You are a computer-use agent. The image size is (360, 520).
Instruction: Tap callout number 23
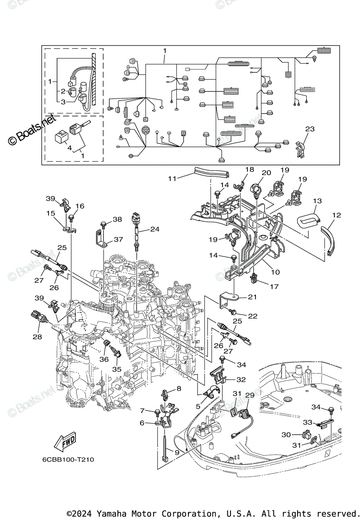click(309, 129)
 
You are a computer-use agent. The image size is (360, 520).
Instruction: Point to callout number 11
click(173, 178)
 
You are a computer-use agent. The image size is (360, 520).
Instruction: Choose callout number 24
click(155, 229)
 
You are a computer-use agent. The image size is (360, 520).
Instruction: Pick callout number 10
click(275, 272)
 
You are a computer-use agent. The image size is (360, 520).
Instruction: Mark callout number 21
click(252, 297)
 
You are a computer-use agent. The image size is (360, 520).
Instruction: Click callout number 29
click(250, 395)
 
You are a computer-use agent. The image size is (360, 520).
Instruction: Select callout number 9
click(177, 452)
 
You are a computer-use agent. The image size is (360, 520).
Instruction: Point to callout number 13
click(318, 201)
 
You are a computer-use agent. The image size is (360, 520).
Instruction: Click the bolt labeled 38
click(104, 224)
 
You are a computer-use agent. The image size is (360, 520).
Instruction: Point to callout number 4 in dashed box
click(69, 148)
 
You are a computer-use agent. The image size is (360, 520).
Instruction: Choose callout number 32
click(241, 380)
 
